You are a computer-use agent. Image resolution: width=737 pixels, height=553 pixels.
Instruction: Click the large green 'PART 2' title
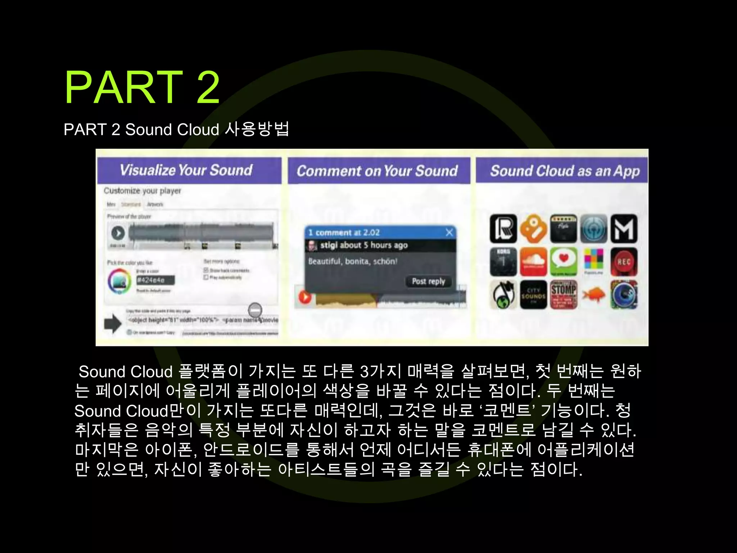[142, 87]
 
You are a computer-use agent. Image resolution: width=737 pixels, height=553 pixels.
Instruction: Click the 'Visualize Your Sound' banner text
[186, 170]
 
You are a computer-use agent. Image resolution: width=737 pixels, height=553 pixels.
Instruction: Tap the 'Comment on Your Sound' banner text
[377, 171]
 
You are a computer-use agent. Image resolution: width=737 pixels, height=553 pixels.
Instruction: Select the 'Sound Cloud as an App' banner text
[565, 171]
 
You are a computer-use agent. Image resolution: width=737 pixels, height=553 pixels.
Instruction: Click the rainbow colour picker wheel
[119, 282]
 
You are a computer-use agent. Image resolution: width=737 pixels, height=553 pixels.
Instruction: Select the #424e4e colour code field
[155, 280]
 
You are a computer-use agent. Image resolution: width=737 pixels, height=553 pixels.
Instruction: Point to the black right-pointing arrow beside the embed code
[113, 323]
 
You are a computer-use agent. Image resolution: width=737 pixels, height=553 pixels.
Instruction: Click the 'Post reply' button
[428, 281]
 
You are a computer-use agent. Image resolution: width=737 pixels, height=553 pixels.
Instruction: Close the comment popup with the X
[449, 233]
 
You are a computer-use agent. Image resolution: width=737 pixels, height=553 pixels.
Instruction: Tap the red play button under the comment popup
[305, 297]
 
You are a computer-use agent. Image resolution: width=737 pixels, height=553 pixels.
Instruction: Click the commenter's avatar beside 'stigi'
[312, 246]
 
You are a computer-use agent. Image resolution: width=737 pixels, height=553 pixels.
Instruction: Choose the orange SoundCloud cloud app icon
[533, 262]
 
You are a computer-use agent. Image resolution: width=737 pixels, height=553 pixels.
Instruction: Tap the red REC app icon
[624, 262]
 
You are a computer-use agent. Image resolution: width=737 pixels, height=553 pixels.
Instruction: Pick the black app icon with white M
[624, 229]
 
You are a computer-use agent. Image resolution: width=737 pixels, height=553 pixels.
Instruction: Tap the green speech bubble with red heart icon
[564, 262]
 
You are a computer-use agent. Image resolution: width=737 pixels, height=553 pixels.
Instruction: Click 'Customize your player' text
[142, 191]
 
